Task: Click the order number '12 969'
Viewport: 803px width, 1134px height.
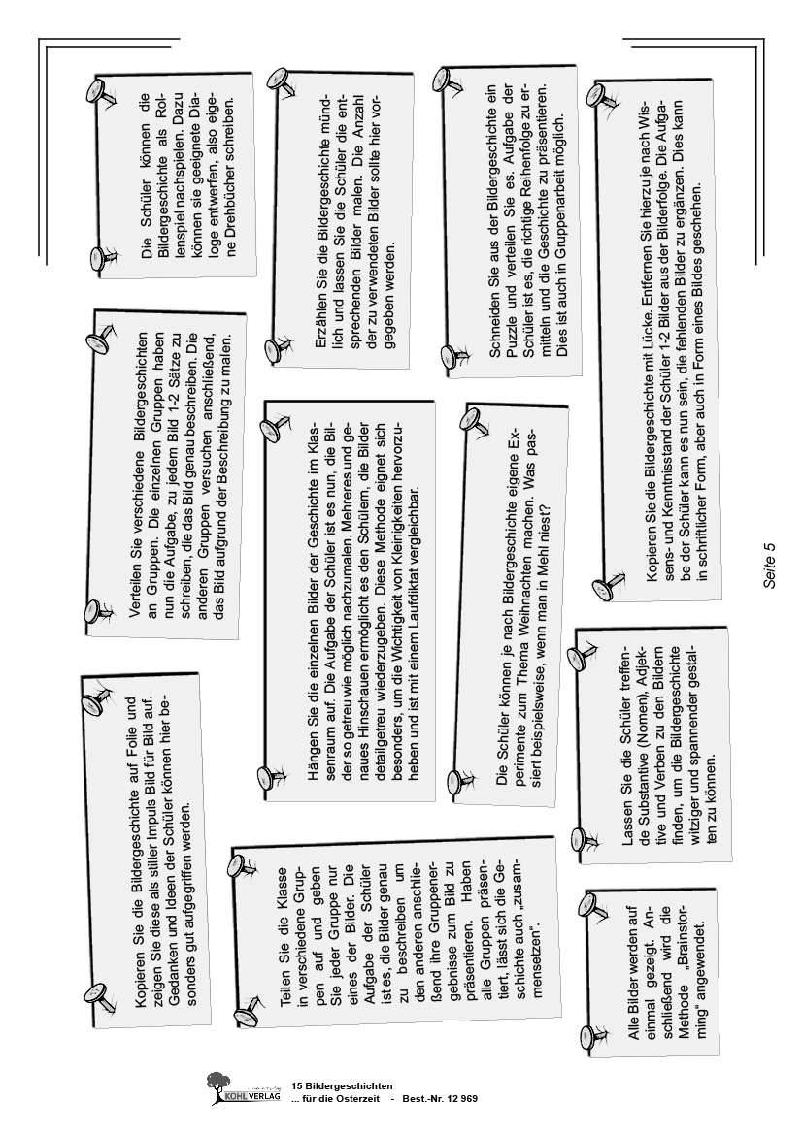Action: (x=457, y=1097)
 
